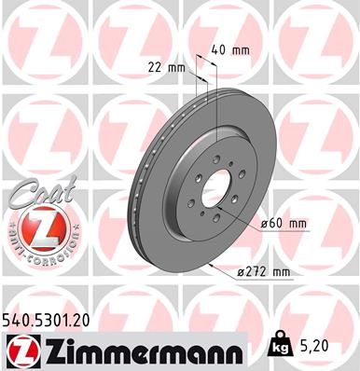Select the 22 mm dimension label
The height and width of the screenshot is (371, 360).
[x=164, y=66]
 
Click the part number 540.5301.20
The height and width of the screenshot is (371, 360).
[x=55, y=318]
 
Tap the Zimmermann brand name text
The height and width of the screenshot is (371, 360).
[x=143, y=350]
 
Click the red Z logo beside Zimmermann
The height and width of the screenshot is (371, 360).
[x=21, y=350]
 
